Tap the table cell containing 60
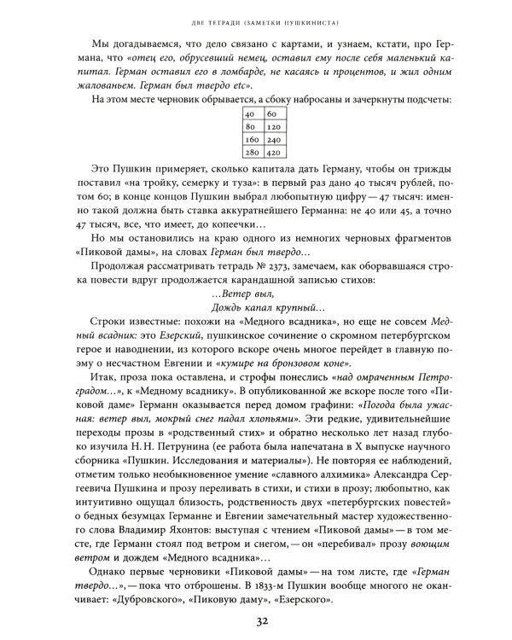coord(272,113)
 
